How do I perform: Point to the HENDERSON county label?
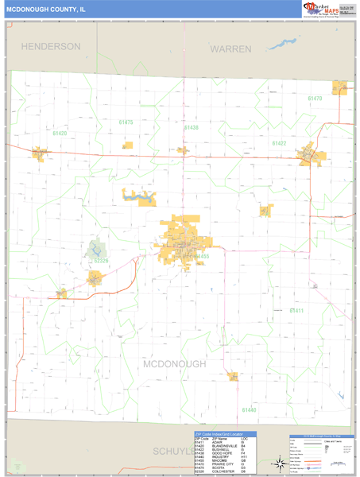[x=51, y=47]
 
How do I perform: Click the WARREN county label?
[x=230, y=49]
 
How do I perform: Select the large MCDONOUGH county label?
[x=175, y=363]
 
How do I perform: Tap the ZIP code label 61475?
[x=126, y=122]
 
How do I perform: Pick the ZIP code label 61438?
[x=191, y=127]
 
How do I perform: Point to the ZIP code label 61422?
[x=278, y=144]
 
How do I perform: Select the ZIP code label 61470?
[x=315, y=99]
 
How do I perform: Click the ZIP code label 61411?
[x=319, y=310]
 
